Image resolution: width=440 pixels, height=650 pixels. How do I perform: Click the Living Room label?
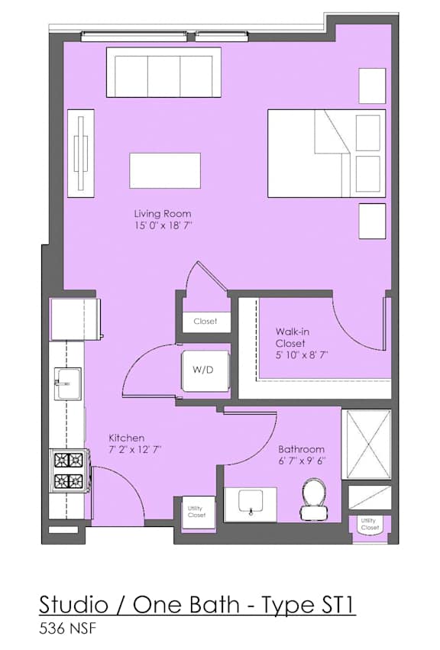coord(163,214)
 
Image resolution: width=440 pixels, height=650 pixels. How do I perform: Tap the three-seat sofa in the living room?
coord(163,73)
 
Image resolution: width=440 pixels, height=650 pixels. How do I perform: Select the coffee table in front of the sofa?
coord(165,170)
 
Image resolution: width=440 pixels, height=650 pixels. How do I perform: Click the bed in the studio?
coord(326,153)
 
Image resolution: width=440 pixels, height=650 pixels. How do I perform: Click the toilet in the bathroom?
coord(314,498)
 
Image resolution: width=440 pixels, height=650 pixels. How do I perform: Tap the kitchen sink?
coord(68,383)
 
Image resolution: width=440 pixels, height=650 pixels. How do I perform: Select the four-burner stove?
coord(70,471)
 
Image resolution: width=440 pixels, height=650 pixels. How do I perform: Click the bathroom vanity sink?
coord(251,504)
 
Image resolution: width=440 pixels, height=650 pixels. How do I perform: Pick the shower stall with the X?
coord(366,445)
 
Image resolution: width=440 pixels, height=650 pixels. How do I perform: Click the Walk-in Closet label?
coord(293,338)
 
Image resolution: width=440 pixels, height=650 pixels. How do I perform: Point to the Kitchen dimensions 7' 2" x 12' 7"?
coord(134,450)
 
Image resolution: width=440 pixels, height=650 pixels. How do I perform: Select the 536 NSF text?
coord(67,629)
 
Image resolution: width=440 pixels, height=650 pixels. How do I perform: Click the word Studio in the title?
coord(73,605)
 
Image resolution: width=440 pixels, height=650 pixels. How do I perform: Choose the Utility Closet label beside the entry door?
coord(196,512)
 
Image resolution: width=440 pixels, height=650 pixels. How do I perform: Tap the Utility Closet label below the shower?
coord(369,524)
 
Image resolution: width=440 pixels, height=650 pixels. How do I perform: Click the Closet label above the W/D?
coord(205,322)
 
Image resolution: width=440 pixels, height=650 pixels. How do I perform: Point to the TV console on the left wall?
coord(81,154)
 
